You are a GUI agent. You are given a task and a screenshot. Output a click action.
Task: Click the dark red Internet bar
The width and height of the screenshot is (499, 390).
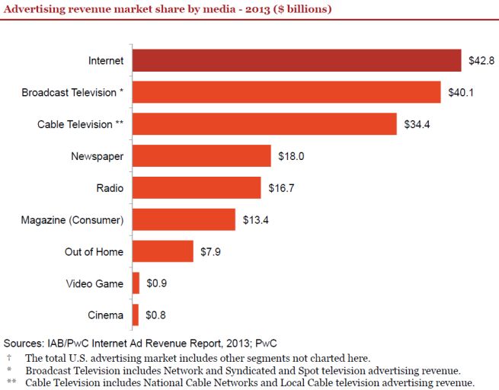pos(296,60)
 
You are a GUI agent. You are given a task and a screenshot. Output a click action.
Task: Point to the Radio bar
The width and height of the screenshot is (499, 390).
pos(197,187)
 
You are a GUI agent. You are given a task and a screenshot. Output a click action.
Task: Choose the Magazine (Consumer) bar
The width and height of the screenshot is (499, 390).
pos(184,219)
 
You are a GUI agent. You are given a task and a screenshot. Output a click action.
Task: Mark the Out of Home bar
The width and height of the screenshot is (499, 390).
pos(163,251)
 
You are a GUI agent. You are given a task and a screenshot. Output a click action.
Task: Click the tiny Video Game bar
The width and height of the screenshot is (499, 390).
pos(136,283)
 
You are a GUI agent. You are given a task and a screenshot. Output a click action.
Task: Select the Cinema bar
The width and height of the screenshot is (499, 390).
pos(136,315)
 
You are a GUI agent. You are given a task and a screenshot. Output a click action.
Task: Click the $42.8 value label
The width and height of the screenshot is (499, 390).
pos(480,60)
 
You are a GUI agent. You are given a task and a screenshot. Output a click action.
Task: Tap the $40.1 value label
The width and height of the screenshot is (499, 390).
pos(460,92)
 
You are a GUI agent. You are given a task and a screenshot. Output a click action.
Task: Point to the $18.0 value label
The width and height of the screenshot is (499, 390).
pos(290,156)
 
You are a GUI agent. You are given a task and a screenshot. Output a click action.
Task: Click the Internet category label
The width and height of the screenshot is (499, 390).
pos(106,60)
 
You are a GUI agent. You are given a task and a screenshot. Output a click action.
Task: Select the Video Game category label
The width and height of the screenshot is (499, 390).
pos(94,283)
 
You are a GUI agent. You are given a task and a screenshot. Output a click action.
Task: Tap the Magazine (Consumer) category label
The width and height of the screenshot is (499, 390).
pos(72,219)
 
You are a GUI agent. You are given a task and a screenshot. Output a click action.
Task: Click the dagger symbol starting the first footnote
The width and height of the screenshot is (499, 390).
pos(10,356)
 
